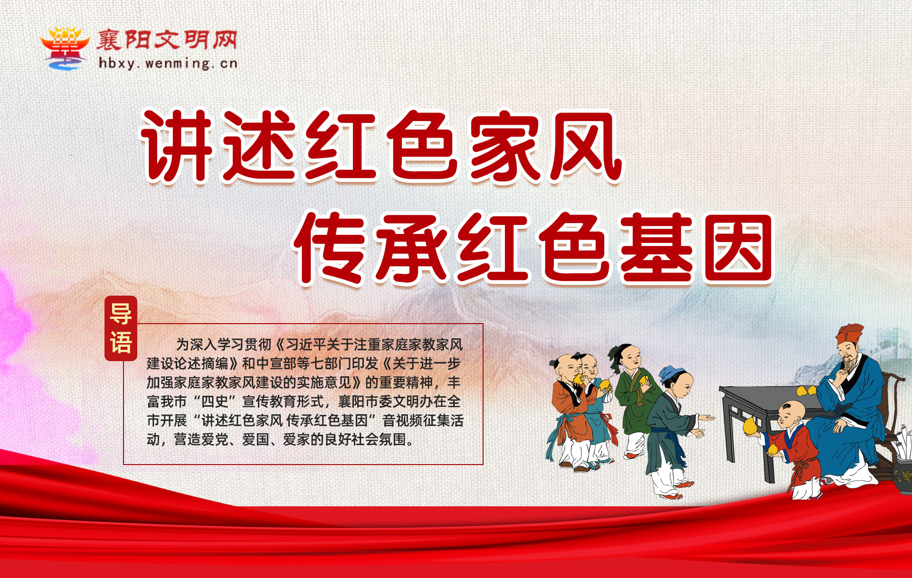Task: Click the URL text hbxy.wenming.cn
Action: coord(168,64)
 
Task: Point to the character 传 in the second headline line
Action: coord(329,248)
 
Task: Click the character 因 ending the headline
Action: coord(739,248)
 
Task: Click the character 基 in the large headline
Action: coord(657,248)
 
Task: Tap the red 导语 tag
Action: coord(121,328)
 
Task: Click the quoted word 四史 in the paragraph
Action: coord(215,401)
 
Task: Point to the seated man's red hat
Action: coord(849,334)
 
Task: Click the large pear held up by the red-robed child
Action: coord(750,426)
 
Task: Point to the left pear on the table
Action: coord(801,391)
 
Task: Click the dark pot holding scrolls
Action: coord(902,475)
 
